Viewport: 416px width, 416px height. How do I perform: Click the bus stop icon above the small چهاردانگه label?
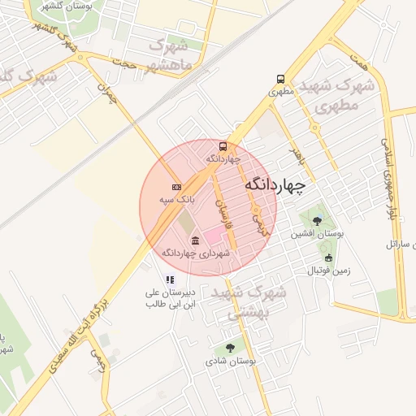tap(223, 147)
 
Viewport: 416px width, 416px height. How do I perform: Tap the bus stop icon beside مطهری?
tap(280, 80)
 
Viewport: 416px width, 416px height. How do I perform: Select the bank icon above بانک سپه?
tap(177, 188)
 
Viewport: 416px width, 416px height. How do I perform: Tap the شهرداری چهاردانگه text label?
tap(196, 253)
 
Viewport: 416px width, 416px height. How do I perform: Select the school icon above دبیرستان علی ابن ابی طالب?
tap(169, 279)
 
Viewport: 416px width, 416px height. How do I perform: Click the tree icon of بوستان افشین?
tap(317, 220)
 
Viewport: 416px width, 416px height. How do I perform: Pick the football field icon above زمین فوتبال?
tap(328, 258)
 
